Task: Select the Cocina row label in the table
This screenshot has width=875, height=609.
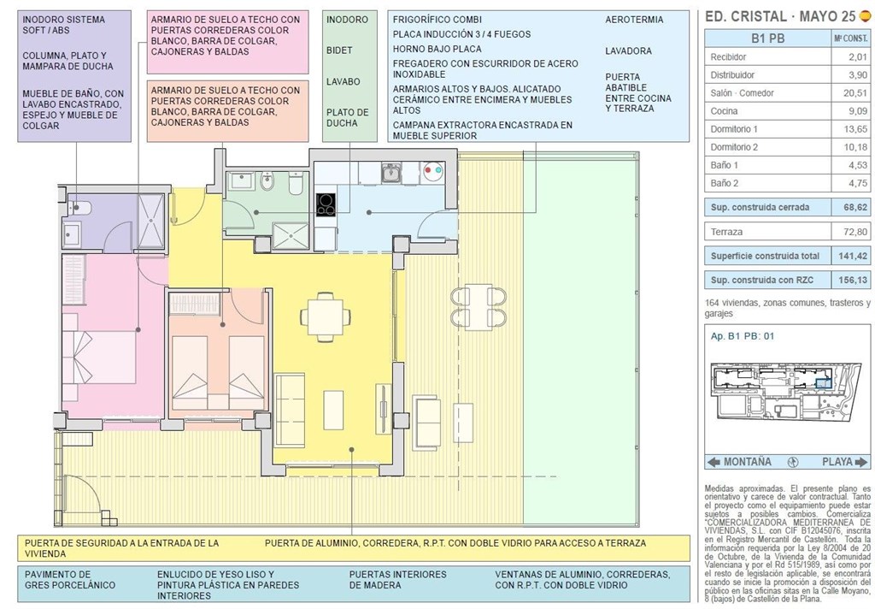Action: coord(725,110)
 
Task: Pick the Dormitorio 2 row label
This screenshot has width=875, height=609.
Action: coord(734,146)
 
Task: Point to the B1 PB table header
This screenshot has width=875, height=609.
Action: coord(766,38)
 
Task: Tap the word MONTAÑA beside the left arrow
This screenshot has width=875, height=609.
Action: coord(747,462)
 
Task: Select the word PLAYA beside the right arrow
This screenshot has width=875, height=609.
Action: coord(837,462)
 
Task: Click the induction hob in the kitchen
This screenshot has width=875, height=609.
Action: coord(326,204)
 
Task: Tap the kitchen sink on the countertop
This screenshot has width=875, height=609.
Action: coord(391,173)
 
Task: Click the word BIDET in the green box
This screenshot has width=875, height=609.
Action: coord(339,50)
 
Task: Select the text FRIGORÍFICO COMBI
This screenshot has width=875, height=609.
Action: coord(437,20)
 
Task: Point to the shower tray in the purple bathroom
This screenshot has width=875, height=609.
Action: coord(151,222)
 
